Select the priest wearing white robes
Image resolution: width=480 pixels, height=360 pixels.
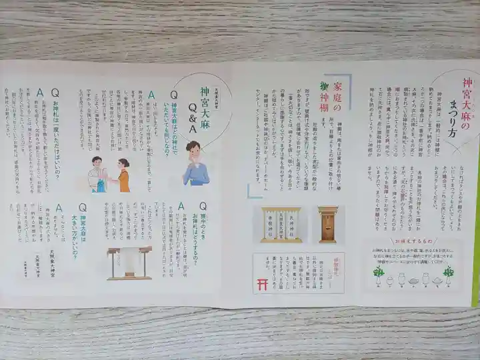tap(97, 175)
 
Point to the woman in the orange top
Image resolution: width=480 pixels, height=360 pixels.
tap(123, 175)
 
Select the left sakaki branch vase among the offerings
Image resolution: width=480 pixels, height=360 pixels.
tap(379, 275)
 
